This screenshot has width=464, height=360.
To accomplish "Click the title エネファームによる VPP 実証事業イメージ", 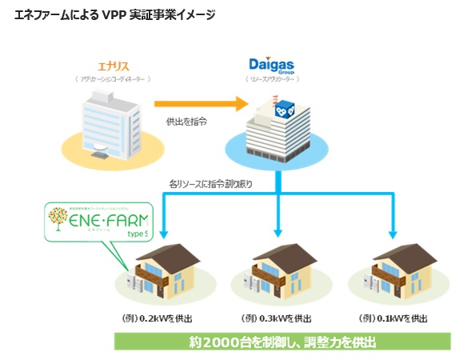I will click(x=115, y=15).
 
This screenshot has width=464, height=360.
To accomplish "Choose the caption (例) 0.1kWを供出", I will click(x=394, y=318).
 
